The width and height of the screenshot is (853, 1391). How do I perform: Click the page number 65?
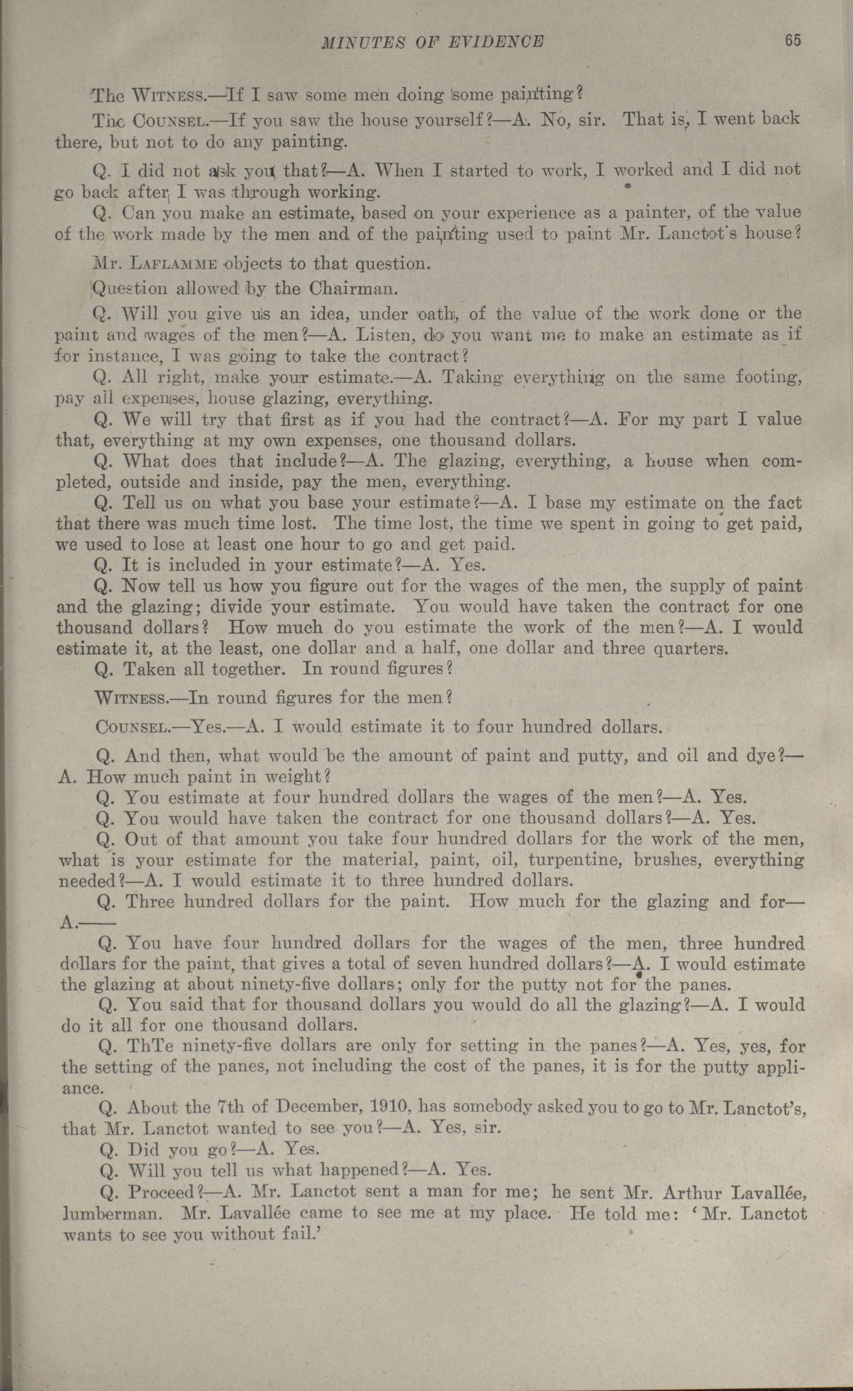792,41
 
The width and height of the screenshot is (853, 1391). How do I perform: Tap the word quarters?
689,648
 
